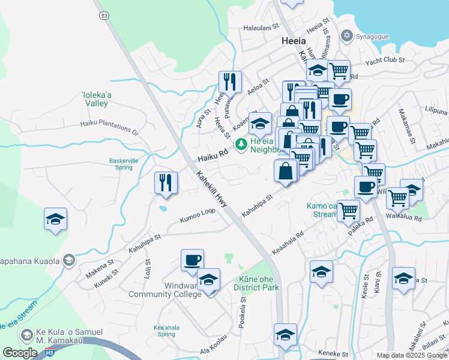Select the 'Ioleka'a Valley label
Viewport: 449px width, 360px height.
point(95,98)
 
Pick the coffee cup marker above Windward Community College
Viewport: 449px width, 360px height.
point(192,260)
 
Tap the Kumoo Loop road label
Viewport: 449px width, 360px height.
point(197,217)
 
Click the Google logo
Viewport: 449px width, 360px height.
point(20,353)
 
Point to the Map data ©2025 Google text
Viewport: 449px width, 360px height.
point(412,355)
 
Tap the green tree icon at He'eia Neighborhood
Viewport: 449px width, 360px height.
point(241,144)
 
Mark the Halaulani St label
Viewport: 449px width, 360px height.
point(262,27)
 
